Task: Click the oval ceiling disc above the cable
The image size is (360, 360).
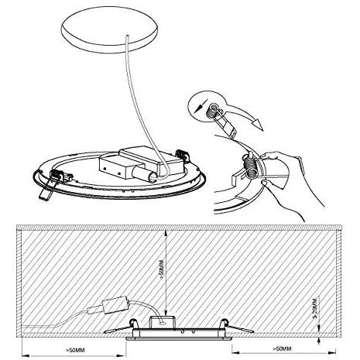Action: coord(109,29)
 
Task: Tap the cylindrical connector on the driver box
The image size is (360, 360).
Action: coord(146,176)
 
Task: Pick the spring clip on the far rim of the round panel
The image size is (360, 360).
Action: coord(182,156)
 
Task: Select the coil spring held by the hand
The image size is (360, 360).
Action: coord(250,167)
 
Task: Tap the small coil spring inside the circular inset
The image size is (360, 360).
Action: coord(212,112)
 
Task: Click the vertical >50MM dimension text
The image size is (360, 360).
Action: coord(162,270)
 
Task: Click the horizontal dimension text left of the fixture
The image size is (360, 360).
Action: coord(75,350)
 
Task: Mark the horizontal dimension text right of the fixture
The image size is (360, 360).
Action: coord(282,349)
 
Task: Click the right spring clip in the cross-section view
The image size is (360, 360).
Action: coord(237,326)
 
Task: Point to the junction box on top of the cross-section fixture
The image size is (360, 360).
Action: coord(163,322)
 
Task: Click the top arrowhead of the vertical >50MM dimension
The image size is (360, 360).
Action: coord(166,233)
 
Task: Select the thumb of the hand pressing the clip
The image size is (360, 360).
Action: coord(270,156)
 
